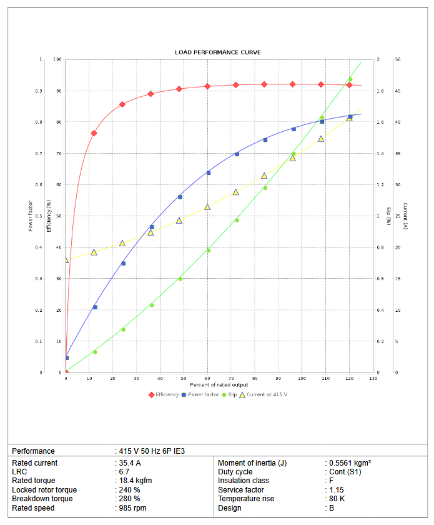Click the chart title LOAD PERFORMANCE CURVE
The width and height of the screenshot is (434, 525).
pos(217,52)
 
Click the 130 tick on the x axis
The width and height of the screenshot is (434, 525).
pos(373,378)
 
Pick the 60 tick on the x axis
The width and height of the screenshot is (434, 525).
pos(207,378)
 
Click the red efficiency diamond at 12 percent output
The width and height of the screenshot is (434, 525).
pos(94,133)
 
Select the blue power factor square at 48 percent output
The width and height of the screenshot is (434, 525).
pos(180,197)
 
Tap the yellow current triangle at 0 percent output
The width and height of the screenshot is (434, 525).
pos(66,260)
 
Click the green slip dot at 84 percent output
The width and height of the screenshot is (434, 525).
pos(265,187)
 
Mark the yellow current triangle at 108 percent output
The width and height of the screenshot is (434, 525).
pos(321,139)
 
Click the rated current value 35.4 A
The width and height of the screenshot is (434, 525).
pos(130,463)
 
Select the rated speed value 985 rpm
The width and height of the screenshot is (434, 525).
pos(132,508)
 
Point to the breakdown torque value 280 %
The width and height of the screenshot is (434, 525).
pos(129,499)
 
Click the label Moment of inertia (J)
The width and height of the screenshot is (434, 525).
pos(252,463)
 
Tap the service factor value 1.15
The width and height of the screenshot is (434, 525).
pos(336,490)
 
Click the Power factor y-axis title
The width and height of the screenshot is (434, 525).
pos(30,216)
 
